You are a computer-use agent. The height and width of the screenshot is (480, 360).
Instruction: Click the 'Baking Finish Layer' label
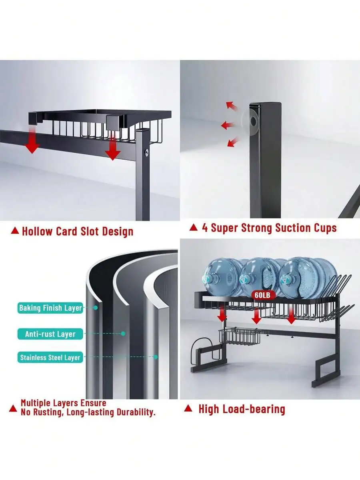point(50,308)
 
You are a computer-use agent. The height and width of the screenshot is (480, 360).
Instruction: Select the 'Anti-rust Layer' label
point(50,334)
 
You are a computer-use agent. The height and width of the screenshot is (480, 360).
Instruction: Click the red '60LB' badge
point(262,295)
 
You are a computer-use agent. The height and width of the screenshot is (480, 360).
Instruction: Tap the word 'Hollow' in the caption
point(37,231)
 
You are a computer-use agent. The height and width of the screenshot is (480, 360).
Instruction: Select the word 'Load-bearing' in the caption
point(254,409)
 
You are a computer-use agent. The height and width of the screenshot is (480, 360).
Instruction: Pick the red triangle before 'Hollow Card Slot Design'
point(15,230)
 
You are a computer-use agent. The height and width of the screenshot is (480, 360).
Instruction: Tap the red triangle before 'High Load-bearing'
point(188,408)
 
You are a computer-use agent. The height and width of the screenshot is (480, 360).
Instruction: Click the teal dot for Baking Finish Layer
point(95,308)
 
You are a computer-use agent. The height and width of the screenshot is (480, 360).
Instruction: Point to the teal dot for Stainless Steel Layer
point(156,357)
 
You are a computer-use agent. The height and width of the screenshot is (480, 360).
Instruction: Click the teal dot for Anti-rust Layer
point(123,334)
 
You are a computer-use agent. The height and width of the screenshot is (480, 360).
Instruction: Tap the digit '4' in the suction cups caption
point(205,228)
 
